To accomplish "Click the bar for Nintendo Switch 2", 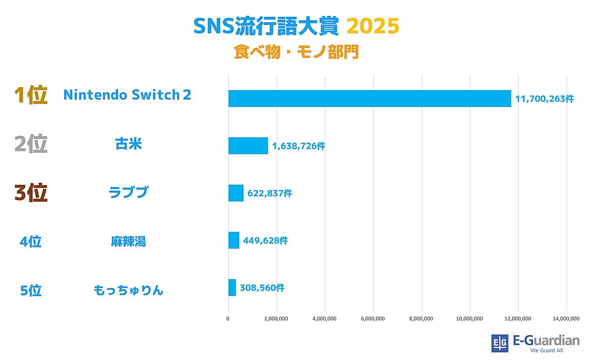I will coord(369,99).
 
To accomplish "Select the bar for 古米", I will coord(248,146).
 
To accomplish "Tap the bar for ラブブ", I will coord(236,193).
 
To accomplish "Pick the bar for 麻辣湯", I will coord(234,240).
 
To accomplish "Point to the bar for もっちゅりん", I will coord(232,288).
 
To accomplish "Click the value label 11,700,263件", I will coord(544,99).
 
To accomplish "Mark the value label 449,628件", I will coord(265,241).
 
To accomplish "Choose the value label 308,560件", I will coord(262,288).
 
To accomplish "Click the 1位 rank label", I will coord(31,96).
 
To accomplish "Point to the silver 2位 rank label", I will coord(31,144).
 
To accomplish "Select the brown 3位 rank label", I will coord(31,193).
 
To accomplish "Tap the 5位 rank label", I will coord(31,290).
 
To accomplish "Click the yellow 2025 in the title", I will coord(372,27).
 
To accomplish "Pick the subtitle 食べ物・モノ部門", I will coord(296,53).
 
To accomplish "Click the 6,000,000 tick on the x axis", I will coord(373,318).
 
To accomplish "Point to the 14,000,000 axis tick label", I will coord(566,318).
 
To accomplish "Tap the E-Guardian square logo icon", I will coord(499,343).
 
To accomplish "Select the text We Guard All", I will coord(546,351).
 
